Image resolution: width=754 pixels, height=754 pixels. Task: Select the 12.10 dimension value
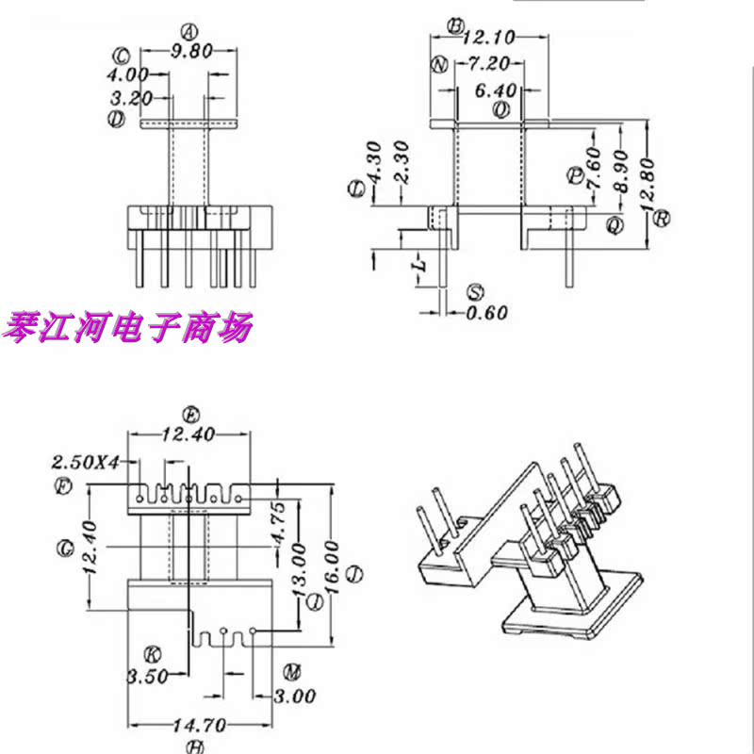point(488,38)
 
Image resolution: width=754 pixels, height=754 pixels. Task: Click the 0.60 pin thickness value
point(487,312)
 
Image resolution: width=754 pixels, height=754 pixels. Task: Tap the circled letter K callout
point(150,654)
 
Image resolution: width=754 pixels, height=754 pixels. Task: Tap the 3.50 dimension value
point(147,676)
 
